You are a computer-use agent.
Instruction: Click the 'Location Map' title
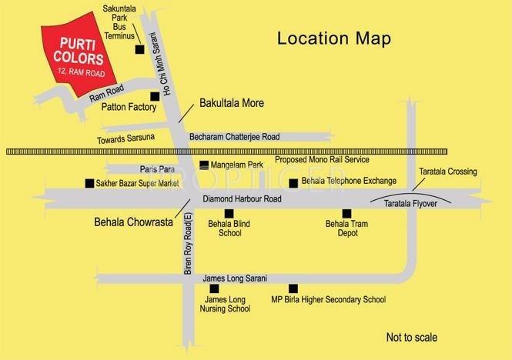click(333, 38)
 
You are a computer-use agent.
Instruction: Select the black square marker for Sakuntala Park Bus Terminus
click(139, 50)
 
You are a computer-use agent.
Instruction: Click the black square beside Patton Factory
click(155, 96)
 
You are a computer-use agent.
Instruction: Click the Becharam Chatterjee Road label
click(235, 135)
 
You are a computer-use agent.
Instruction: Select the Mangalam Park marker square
click(203, 165)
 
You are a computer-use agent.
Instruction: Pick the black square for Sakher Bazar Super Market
click(89, 183)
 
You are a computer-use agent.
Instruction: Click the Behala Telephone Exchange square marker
click(293, 182)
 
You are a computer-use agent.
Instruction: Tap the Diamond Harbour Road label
click(242, 198)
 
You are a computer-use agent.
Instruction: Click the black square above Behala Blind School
click(227, 213)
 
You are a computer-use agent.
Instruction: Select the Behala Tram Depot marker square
click(346, 213)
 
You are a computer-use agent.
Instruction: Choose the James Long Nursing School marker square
click(225, 288)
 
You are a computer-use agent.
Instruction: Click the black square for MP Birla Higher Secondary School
click(292, 288)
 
